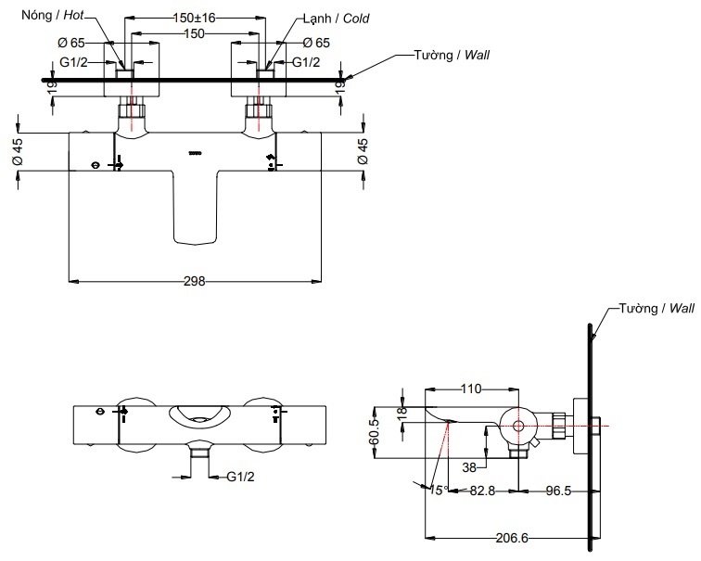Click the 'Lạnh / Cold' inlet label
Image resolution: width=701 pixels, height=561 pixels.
tap(336, 18)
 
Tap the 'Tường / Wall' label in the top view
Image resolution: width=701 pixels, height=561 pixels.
tap(452, 56)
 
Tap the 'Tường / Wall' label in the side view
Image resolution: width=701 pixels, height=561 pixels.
tap(655, 308)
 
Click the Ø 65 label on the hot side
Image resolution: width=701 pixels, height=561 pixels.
tap(71, 43)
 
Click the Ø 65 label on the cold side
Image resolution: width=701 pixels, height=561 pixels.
tap(316, 43)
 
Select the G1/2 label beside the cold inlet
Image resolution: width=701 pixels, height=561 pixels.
tap(306, 62)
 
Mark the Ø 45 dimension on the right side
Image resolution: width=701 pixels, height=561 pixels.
tap(363, 151)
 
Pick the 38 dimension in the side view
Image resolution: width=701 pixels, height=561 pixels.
tap(469, 468)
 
